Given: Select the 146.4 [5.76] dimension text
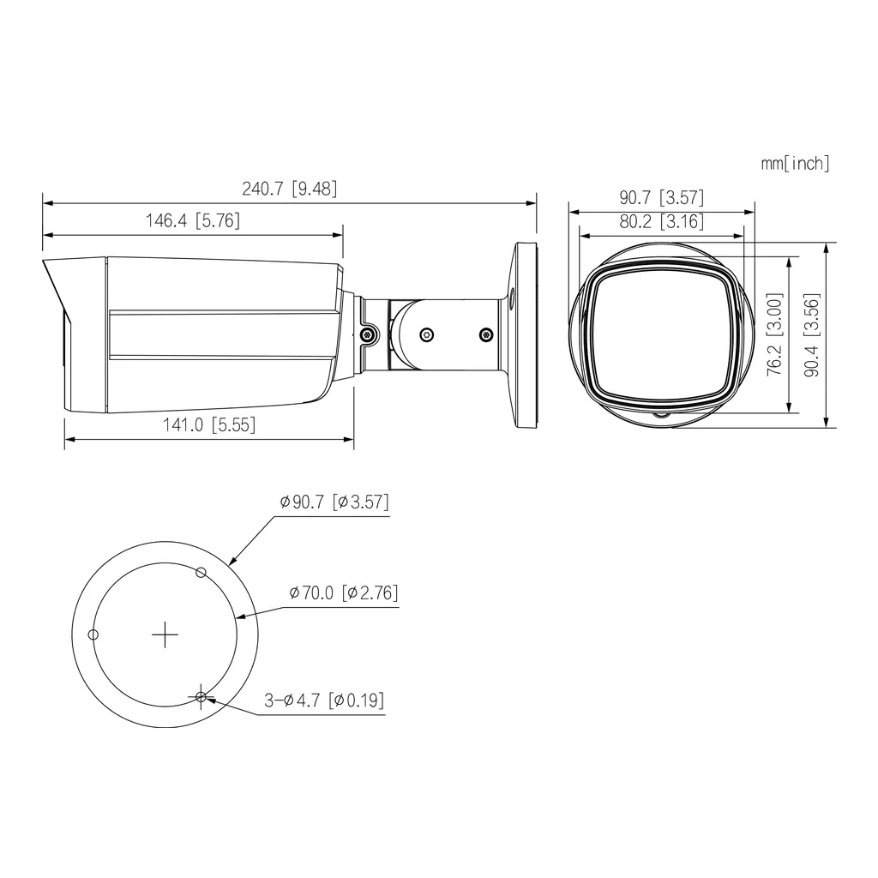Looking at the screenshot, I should coord(193,221).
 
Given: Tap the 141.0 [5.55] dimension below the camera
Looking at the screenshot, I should coord(209,424).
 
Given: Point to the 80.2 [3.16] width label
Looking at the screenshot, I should coord(661,221).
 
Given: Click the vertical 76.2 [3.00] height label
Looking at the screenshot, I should coord(774,334).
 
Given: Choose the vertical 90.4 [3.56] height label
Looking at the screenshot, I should coord(811,334).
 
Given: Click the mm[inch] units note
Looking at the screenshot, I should coord(795,163).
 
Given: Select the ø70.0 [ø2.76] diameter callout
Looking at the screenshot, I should coord(344,592).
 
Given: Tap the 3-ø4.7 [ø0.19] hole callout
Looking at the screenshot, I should coord(323,701).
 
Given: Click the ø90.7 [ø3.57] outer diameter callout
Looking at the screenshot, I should coord(334,502).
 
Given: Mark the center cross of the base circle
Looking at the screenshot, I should coord(164,634).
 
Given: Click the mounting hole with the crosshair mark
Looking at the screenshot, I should coord(201,697).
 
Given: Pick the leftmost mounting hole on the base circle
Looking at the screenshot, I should coord(94,634).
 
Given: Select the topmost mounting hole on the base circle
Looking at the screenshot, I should coord(201,572).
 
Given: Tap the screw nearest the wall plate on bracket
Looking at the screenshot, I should coord(486,334).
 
